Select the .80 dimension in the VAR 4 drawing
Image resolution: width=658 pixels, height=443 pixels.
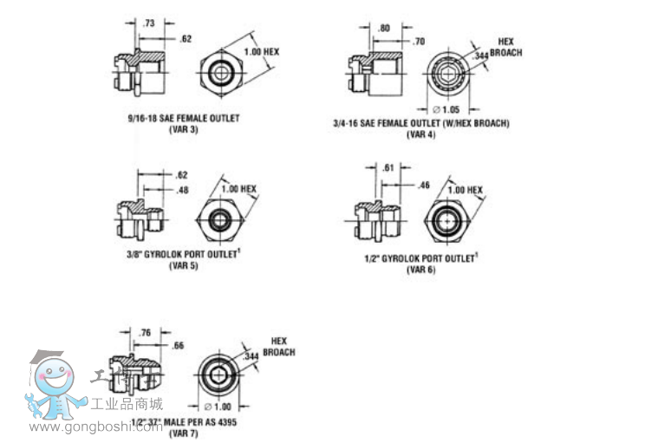(x=384, y=28)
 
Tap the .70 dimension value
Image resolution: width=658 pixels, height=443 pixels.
(x=419, y=41)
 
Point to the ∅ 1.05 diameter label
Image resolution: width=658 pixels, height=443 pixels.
(x=449, y=109)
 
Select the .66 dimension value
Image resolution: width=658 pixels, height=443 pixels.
(x=179, y=345)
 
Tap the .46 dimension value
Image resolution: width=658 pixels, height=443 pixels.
(x=424, y=185)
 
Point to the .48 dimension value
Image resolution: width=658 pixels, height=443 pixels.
(x=181, y=190)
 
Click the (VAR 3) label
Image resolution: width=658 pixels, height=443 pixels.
(x=182, y=128)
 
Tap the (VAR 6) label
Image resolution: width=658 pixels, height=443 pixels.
(x=421, y=270)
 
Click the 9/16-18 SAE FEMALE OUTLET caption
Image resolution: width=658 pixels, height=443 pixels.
(x=182, y=118)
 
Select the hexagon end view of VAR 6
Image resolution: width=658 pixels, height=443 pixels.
(x=449, y=221)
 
